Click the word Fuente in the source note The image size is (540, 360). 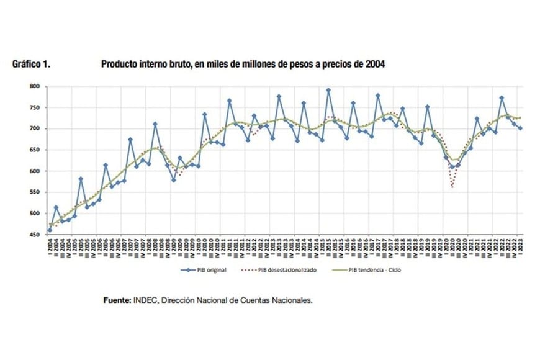click(117, 300)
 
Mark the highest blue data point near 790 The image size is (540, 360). click(328, 91)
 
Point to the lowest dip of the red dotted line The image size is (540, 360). click(452, 187)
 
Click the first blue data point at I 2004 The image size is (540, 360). click(50, 230)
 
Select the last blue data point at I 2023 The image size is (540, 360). click(520, 128)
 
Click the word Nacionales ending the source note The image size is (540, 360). click(292, 300)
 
